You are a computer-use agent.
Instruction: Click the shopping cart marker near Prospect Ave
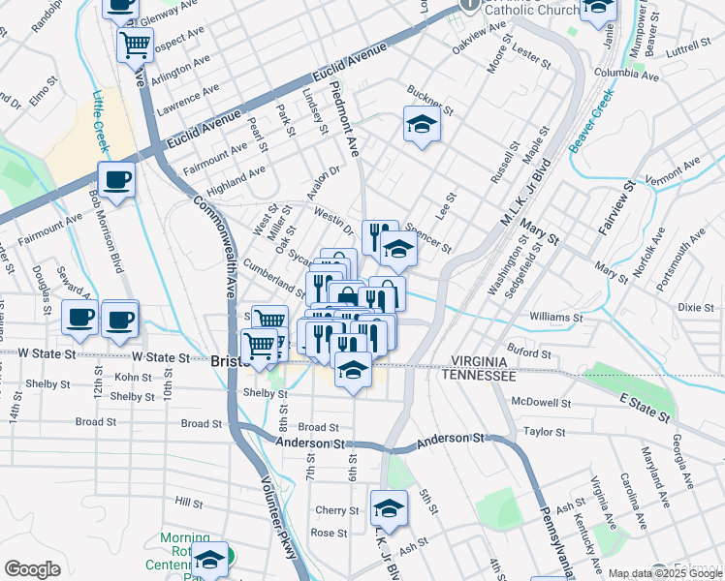tap(135, 44)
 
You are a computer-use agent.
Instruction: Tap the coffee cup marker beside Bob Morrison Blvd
tap(115, 179)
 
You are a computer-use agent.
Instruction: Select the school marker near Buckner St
tap(421, 124)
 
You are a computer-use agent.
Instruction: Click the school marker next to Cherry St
tap(389, 506)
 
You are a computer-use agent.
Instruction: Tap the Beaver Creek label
tap(592, 120)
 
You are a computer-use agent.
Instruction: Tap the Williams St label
tap(555, 317)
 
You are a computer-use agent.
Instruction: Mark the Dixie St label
tap(695, 307)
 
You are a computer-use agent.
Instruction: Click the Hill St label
tap(188, 503)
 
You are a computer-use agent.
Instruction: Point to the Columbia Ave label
tap(625, 73)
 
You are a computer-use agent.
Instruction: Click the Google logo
tap(32, 568)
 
